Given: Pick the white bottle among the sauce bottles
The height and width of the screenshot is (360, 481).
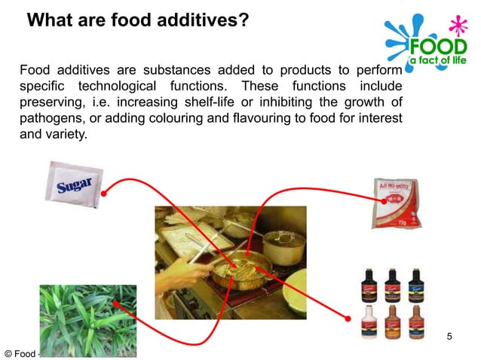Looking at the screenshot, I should (370, 322).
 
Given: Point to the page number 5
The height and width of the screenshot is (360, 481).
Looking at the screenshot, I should (449, 335).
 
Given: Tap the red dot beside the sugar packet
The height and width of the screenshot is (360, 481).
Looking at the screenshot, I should (104, 192).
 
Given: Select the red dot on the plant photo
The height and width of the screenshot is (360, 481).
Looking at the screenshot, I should (115, 304).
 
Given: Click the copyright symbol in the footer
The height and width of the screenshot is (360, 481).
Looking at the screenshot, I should (8, 352).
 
